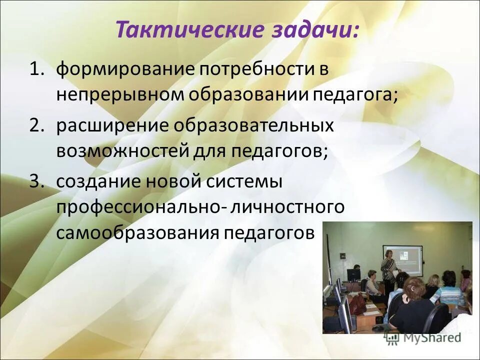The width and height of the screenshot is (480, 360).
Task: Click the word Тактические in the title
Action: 189,30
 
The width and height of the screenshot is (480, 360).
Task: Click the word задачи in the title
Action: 315,30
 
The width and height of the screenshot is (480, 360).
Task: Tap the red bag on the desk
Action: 357,303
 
